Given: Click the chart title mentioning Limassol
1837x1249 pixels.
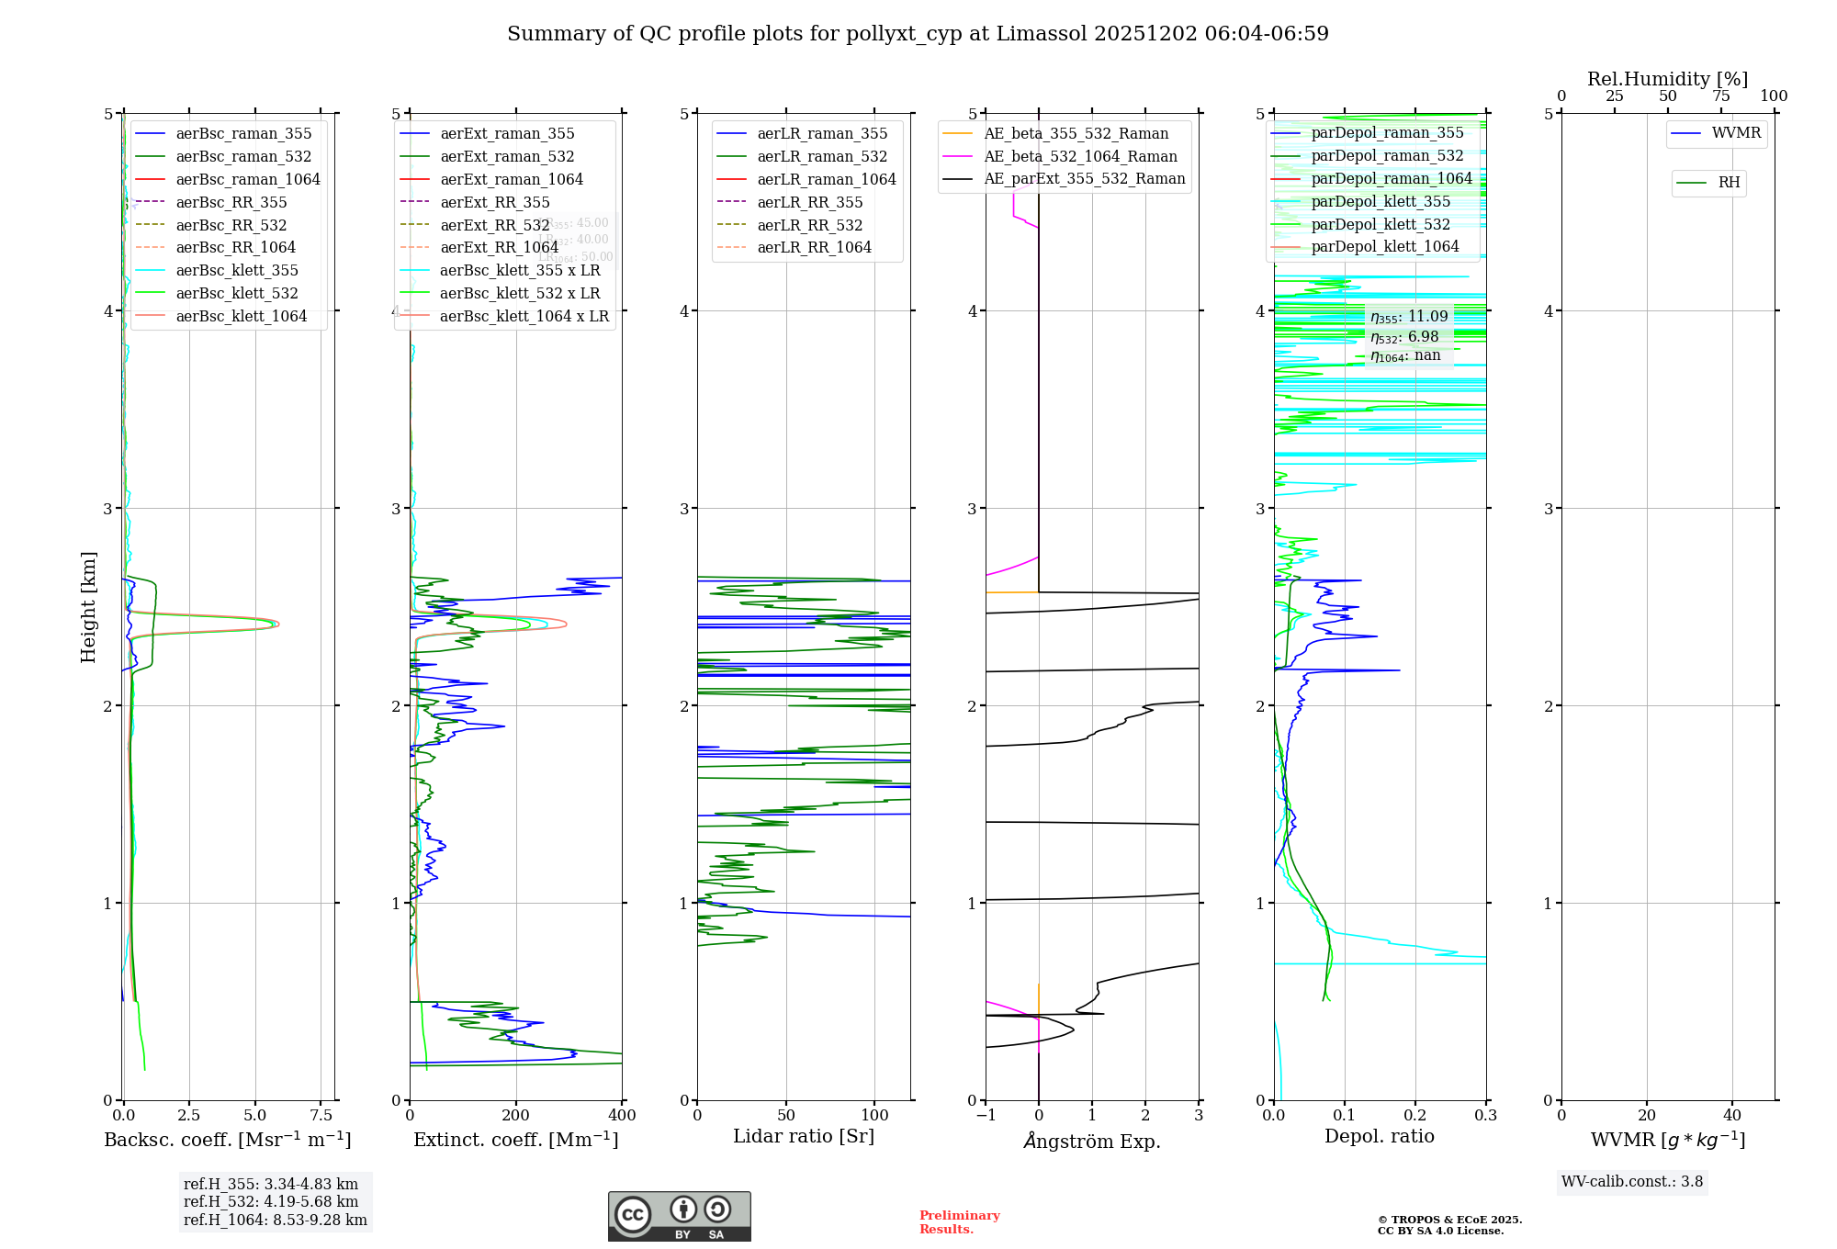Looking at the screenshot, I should (x=918, y=34).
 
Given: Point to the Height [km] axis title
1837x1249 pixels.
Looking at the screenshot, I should (x=88, y=607).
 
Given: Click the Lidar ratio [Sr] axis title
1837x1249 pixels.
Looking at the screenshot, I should (x=804, y=1136).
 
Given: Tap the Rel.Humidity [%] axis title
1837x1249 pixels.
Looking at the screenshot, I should (x=1667, y=79).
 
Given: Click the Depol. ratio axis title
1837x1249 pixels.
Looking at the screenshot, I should (x=1379, y=1136).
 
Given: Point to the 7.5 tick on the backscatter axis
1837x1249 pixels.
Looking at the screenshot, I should (x=321, y=1115).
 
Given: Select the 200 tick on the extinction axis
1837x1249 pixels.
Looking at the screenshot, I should (x=516, y=1115).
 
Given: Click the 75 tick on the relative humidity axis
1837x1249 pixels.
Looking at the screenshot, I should (x=1720, y=96).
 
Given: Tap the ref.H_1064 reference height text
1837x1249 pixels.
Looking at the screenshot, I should (x=275, y=1220).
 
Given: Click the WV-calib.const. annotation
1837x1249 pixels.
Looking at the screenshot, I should (x=1632, y=1181).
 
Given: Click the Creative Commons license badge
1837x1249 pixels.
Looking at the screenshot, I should (x=679, y=1216).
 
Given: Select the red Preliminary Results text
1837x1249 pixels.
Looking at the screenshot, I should (x=959, y=1221).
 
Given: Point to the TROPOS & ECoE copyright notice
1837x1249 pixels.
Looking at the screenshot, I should (x=1449, y=1225).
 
